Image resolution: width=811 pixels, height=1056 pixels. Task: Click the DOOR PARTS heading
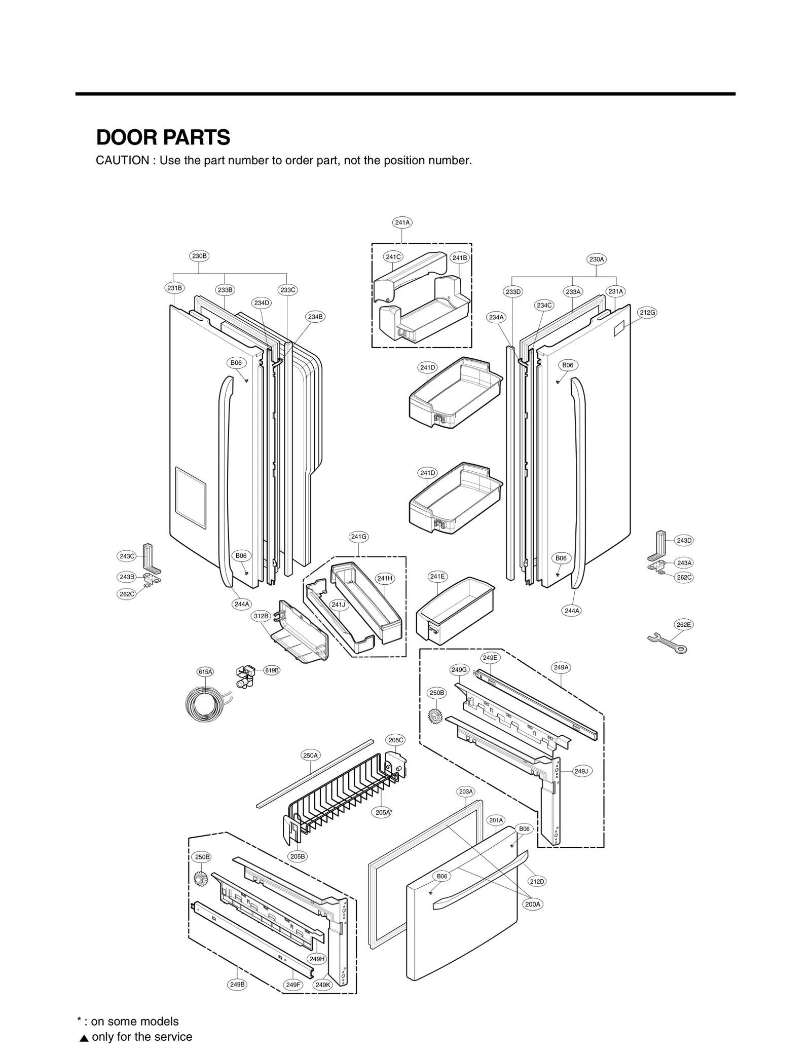[x=163, y=137]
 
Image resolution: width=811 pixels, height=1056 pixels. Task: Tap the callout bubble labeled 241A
[x=402, y=222]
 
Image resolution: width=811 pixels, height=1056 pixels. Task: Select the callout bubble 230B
[x=199, y=256]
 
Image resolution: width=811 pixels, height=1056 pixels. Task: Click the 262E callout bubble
[x=683, y=625]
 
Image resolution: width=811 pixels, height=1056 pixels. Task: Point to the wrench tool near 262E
[x=667, y=643]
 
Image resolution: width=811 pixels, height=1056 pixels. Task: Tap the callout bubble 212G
[x=647, y=313]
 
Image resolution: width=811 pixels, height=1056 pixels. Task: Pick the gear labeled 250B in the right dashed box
[x=435, y=715]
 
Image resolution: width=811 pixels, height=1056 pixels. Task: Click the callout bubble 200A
[x=533, y=904]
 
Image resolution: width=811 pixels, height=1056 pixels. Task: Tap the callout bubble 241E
[x=437, y=576]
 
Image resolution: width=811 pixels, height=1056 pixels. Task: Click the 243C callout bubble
[x=127, y=556]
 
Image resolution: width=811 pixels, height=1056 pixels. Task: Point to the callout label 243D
[x=684, y=541]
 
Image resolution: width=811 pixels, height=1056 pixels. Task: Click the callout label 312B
[x=261, y=616]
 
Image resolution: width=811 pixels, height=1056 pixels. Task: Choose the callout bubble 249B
[x=237, y=985]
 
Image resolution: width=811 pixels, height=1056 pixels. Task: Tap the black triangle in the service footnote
[x=84, y=1037]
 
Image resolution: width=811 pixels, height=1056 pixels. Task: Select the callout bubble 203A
[x=466, y=791]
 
